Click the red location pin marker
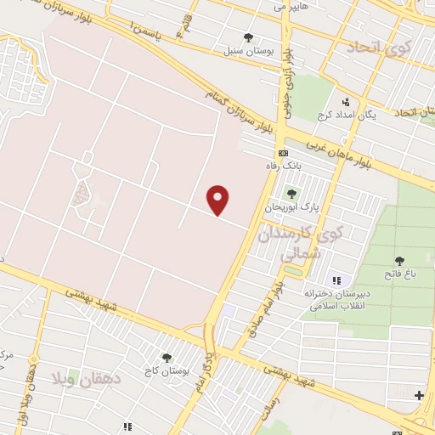(x=219, y=200)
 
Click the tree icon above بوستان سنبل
(x=248, y=37)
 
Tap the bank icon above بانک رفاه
(x=283, y=153)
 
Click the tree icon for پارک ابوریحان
(x=292, y=194)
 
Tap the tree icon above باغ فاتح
(x=399, y=259)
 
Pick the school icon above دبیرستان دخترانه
(x=336, y=280)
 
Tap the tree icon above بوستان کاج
(x=166, y=358)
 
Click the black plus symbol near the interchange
(x=419, y=394)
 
